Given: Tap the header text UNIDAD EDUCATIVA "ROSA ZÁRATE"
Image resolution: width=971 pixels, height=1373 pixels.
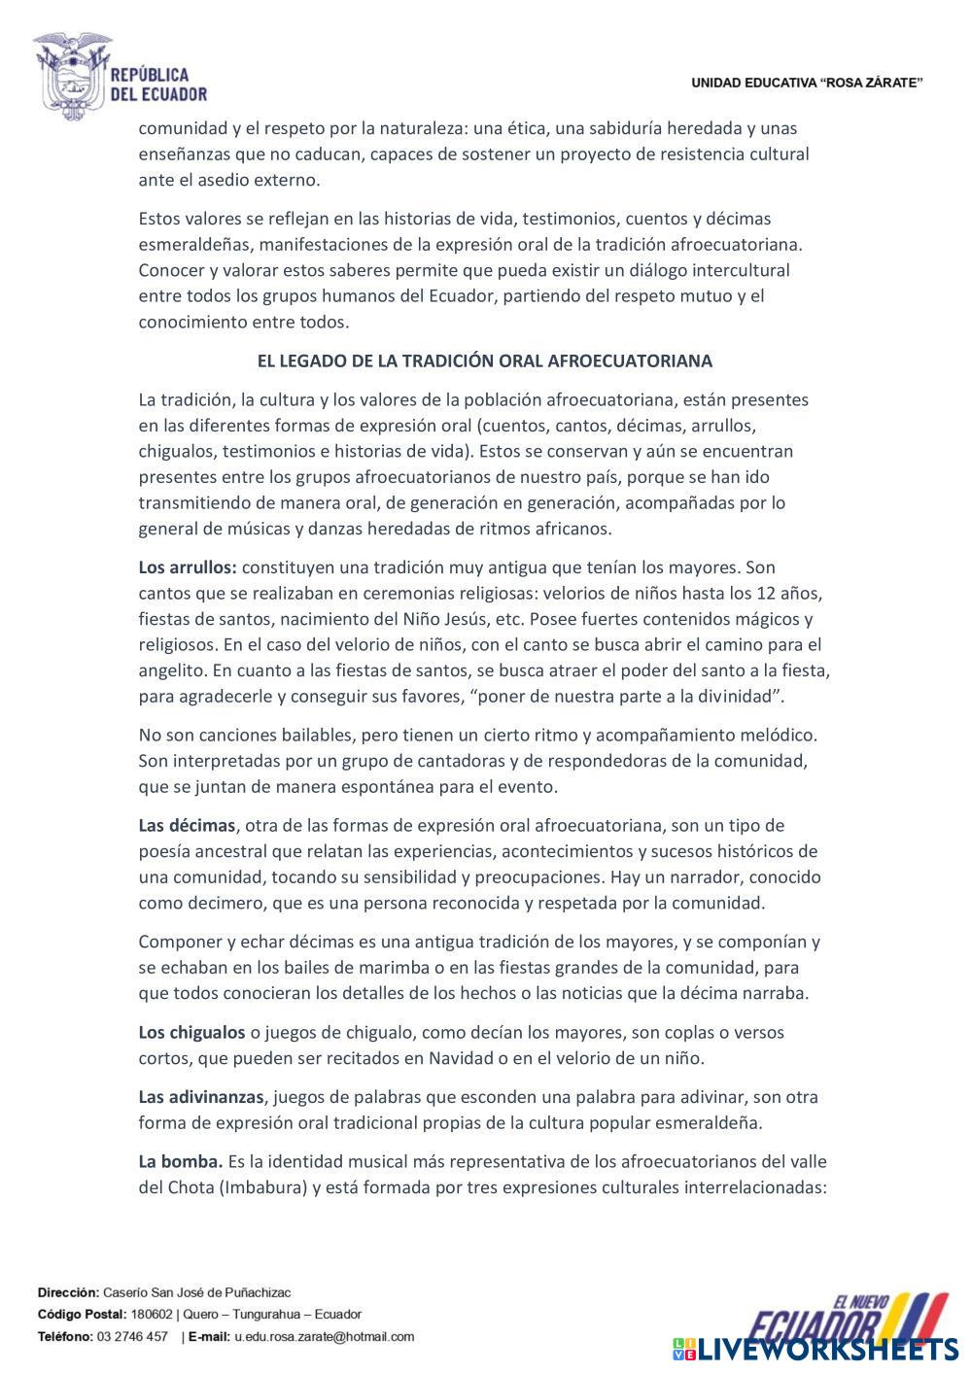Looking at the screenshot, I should click(x=807, y=84).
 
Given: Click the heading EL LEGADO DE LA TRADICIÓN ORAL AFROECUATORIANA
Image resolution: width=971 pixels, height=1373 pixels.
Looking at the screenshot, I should click(x=484, y=360).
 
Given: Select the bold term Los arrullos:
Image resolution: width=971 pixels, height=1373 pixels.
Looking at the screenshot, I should click(x=188, y=567).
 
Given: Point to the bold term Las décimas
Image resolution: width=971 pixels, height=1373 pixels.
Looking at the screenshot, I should click(x=187, y=826).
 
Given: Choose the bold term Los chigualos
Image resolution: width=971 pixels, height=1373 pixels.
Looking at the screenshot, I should click(x=191, y=1033).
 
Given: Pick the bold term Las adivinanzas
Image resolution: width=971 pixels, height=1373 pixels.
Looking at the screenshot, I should click(x=201, y=1097).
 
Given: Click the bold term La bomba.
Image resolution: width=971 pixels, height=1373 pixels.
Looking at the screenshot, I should click(x=181, y=1162).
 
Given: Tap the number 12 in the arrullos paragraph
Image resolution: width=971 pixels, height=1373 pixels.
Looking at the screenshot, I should click(x=763, y=594).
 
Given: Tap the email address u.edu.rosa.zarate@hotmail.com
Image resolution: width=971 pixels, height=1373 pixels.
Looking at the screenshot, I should click(x=324, y=1336).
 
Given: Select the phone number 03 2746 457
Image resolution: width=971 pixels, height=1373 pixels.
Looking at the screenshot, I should click(x=131, y=1336).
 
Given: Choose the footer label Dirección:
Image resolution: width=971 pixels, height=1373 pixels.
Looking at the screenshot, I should click(x=68, y=1292).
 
